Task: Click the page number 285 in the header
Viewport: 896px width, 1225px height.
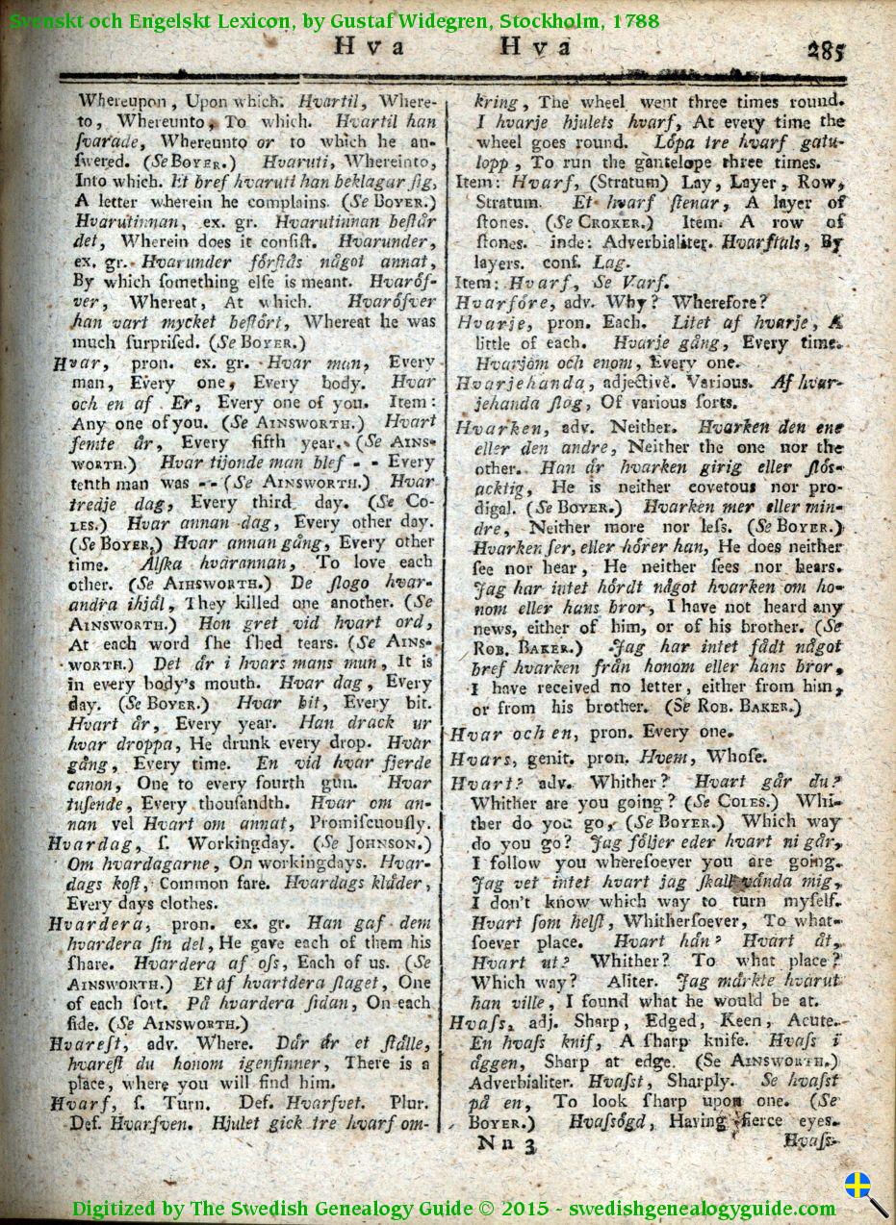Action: pos(826,51)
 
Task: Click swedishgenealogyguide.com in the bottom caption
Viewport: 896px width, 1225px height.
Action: pos(702,1208)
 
